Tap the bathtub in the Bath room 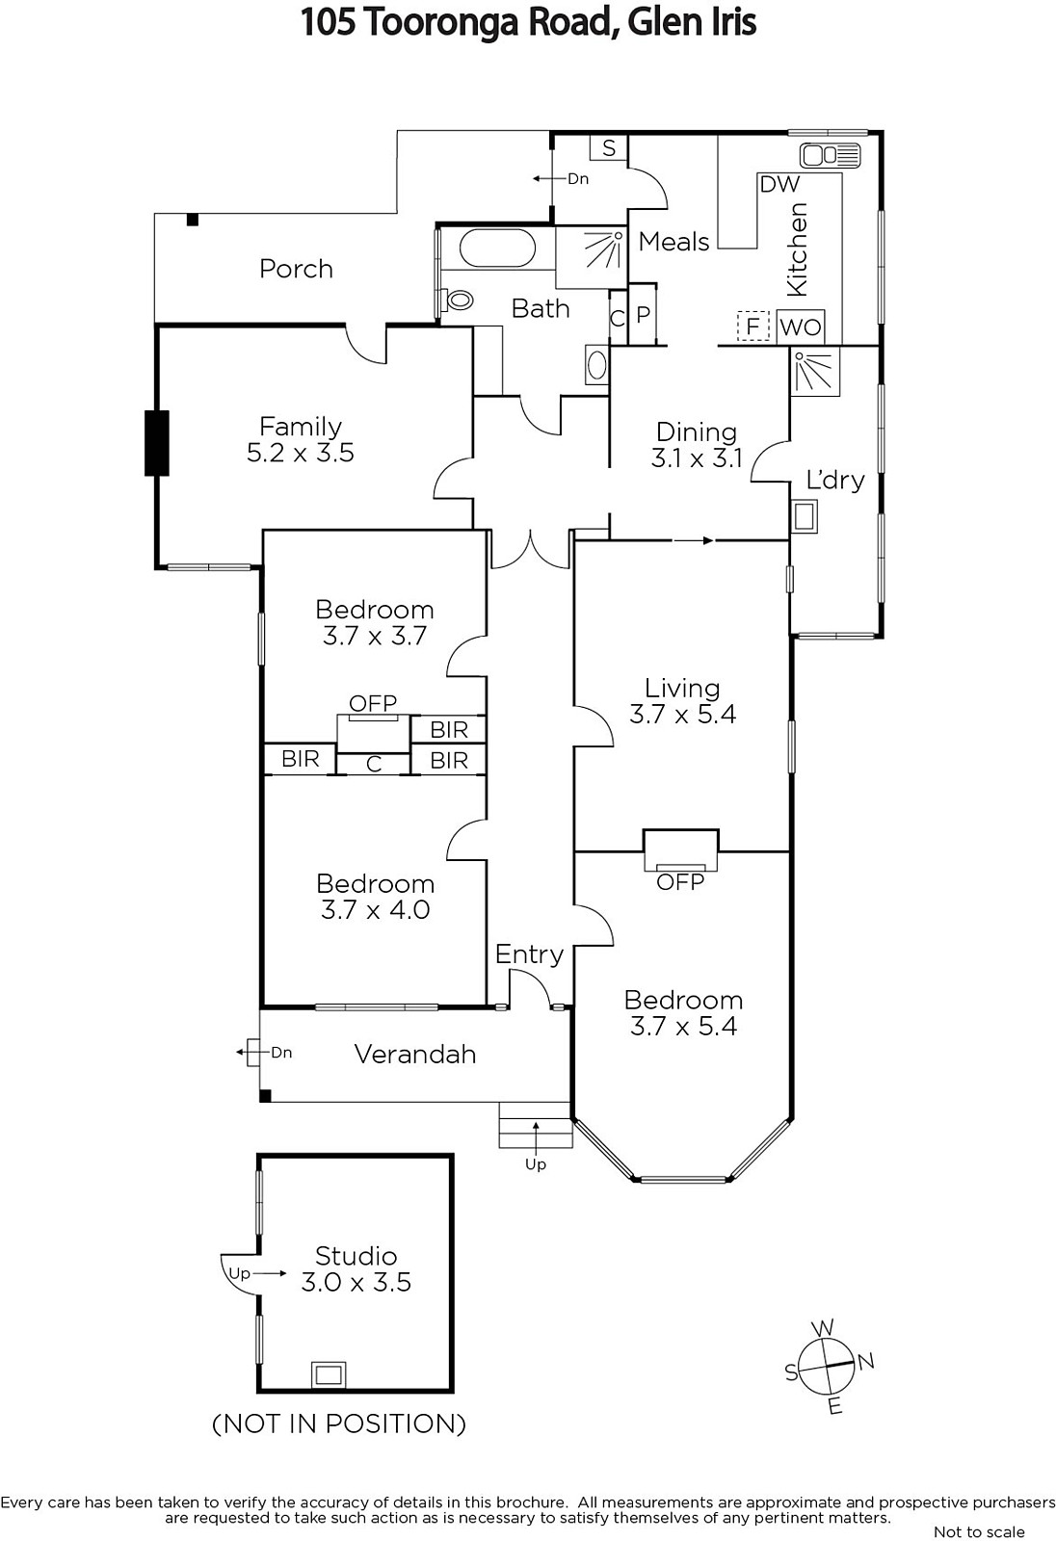pos(497,248)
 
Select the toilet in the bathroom pos(459,300)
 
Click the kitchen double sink pos(830,155)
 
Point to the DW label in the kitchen pos(779,184)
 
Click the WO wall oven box pos(801,327)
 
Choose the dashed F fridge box pos(753,326)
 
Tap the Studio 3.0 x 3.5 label pos(356,1269)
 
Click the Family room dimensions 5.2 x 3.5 pos(301,453)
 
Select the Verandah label pos(415,1054)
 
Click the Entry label pos(529,954)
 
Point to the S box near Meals pos(609,148)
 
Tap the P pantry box pos(643,314)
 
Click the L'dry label pos(834,480)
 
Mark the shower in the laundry pos(815,372)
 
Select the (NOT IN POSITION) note pos(339,1423)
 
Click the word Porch pos(296,269)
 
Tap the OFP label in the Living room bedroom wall pos(680,881)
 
